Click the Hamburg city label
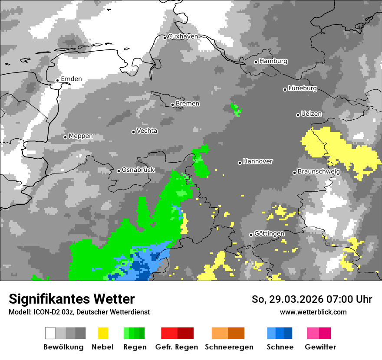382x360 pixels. (273, 61)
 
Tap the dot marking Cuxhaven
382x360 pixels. (165, 38)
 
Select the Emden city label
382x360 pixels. (71, 79)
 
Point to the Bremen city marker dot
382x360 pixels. (172, 105)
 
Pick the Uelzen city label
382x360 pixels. (311, 114)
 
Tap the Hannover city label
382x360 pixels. (257, 161)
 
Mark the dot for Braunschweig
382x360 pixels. (294, 173)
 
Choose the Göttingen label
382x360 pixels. (269, 234)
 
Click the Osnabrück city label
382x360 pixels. (138, 170)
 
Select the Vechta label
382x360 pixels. (147, 131)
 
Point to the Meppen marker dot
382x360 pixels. (66, 137)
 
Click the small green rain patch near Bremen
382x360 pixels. (236, 110)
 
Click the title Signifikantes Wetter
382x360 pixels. (72, 299)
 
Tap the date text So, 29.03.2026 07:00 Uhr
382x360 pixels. (312, 299)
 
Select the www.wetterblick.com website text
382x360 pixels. (313, 312)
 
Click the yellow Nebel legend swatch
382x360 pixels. (103, 333)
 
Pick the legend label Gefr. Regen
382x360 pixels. (177, 347)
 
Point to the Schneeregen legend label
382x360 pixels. (229, 347)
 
